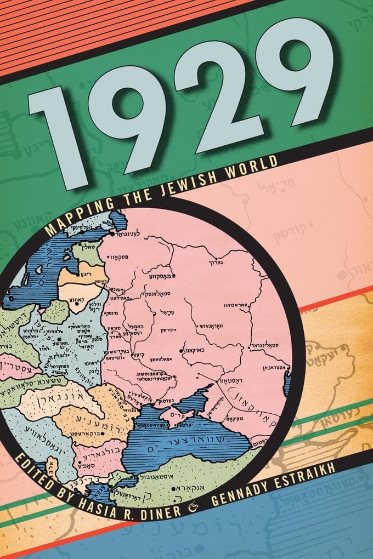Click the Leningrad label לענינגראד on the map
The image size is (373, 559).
pos(132,232)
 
